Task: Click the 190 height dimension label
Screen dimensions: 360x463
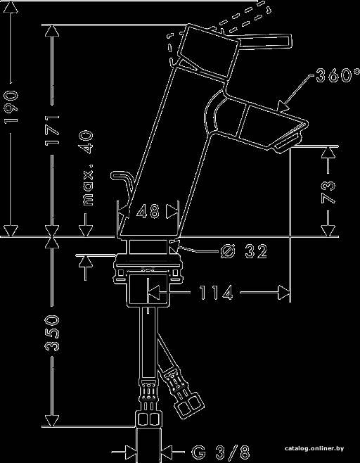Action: click(x=11, y=106)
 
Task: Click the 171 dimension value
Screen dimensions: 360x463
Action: click(x=52, y=130)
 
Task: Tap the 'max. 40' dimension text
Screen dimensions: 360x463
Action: click(x=88, y=168)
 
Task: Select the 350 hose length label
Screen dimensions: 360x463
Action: click(x=52, y=333)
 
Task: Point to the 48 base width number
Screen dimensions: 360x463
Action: click(x=148, y=212)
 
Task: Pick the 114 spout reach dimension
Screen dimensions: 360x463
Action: click(x=216, y=293)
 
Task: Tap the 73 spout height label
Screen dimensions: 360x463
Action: click(x=328, y=193)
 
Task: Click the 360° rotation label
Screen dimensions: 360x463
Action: click(x=337, y=75)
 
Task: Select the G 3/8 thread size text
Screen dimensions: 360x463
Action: click(x=221, y=452)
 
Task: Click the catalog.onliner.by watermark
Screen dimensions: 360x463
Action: click(x=314, y=448)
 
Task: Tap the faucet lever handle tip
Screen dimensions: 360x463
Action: click(x=288, y=41)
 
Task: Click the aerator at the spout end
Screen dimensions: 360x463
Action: click(x=288, y=144)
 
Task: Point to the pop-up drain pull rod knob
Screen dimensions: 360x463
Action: click(x=117, y=175)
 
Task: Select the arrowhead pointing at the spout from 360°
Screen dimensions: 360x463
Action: click(x=283, y=106)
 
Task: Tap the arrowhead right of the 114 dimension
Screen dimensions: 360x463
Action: click(x=284, y=293)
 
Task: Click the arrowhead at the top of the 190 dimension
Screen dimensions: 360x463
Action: click(x=11, y=7)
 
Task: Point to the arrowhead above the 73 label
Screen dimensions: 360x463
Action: click(x=328, y=153)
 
